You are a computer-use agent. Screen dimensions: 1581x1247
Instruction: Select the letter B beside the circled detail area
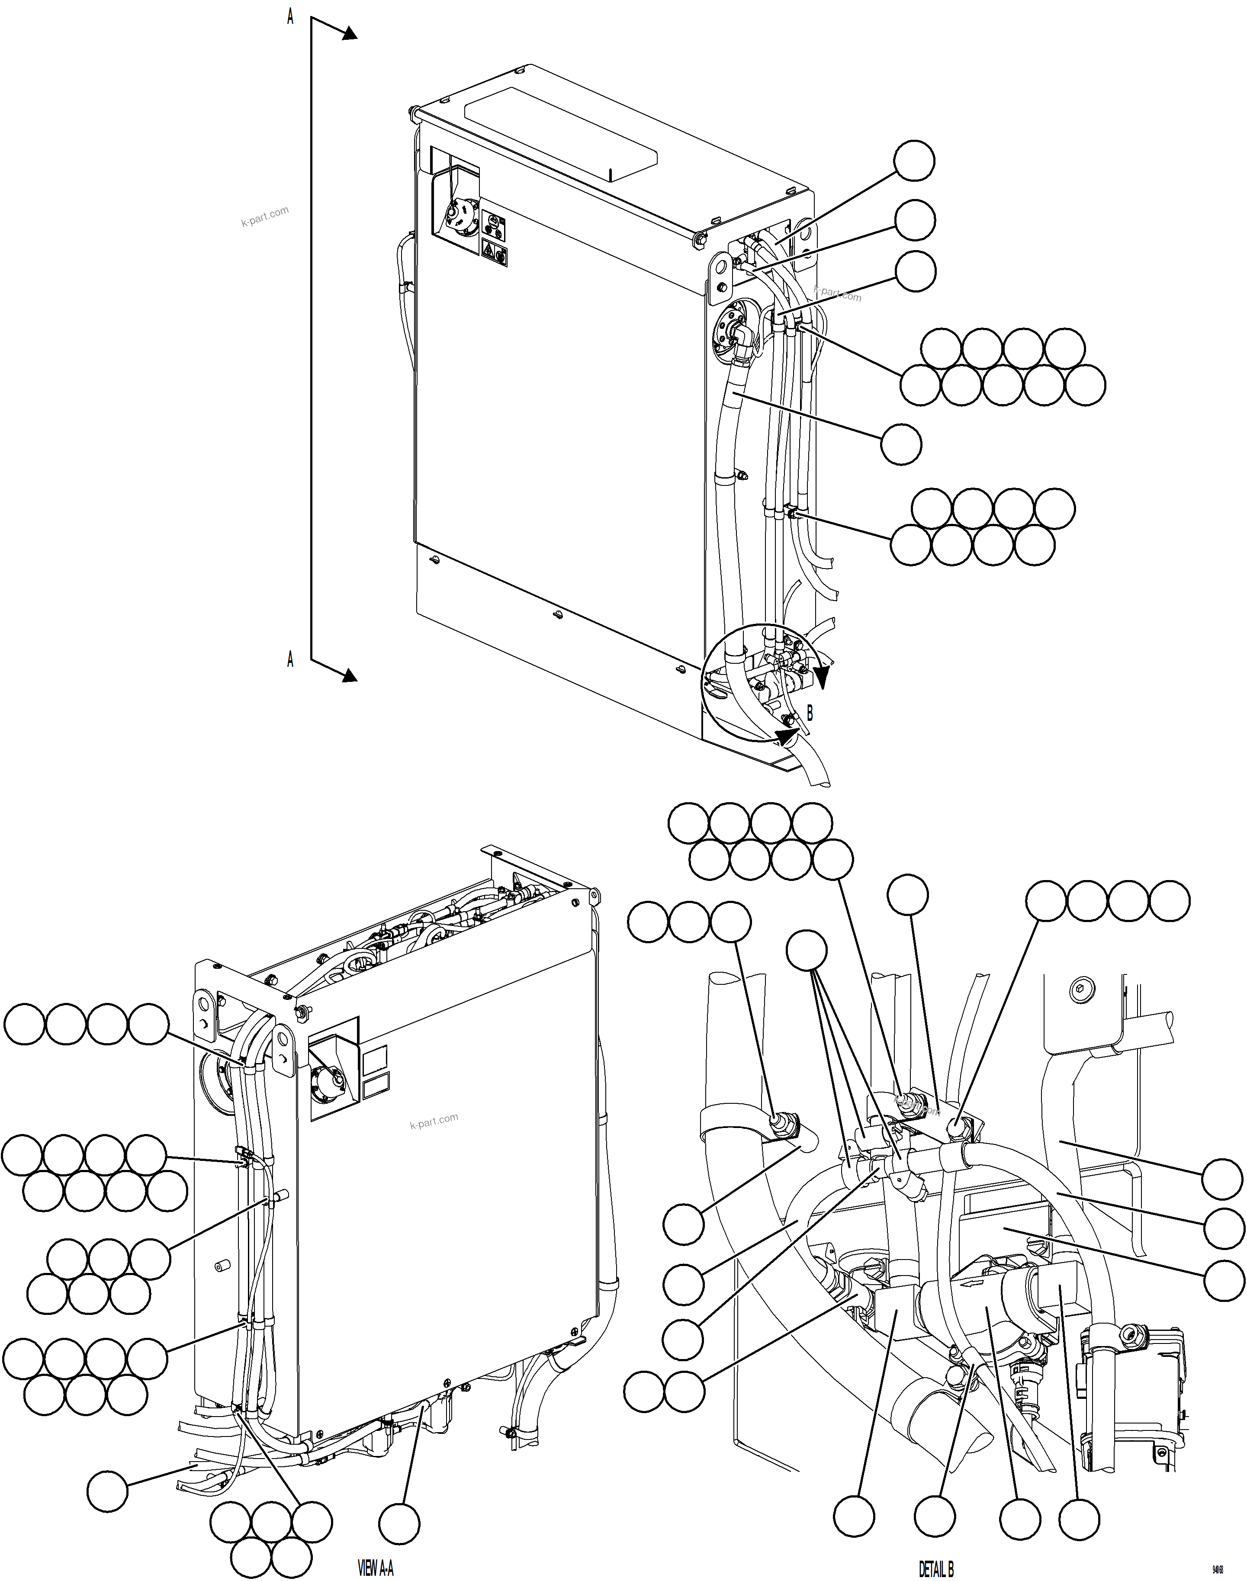[x=809, y=712]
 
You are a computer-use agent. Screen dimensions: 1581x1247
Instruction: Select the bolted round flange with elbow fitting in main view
[x=732, y=332]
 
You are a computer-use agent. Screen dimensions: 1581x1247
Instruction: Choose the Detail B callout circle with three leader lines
[x=807, y=951]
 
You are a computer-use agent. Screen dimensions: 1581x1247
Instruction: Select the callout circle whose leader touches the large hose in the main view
[x=901, y=444]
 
